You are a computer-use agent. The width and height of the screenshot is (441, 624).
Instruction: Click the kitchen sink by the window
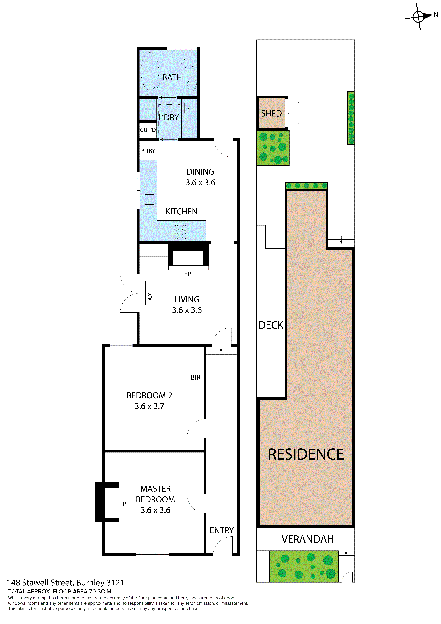coord(149,199)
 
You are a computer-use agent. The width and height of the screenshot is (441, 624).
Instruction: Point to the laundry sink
coord(189,108)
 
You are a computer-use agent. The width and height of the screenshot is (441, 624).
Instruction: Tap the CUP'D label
coord(148,130)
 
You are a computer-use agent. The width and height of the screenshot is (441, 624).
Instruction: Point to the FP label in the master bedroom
coord(123,504)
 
